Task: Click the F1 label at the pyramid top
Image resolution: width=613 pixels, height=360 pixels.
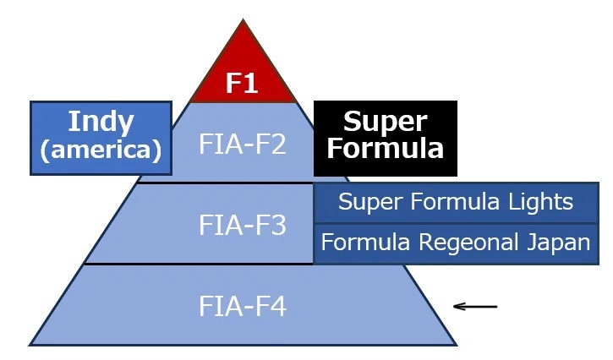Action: coord(243,84)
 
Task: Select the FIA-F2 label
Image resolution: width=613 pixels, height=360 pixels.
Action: coord(243,143)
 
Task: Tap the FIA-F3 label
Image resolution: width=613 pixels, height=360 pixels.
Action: coord(243,226)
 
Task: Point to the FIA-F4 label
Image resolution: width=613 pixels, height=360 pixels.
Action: coord(243,306)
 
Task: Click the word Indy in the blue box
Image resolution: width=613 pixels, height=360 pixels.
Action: coord(101,122)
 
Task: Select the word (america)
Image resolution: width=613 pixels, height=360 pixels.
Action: coord(101,151)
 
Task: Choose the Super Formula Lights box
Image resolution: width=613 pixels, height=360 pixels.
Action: coord(456,203)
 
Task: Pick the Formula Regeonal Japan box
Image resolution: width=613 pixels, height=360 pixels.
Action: coord(456,243)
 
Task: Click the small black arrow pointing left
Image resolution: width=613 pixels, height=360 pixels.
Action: coord(475,306)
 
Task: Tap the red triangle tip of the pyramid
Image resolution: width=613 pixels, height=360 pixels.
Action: coord(243,51)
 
